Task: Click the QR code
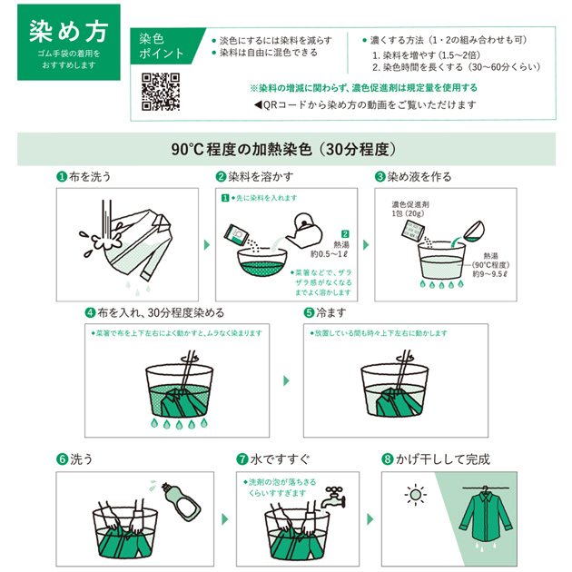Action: coord(161,92)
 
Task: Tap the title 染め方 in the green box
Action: coord(69,32)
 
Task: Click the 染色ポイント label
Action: coord(161,46)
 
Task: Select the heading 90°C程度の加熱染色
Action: coord(242,149)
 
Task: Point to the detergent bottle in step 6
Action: coord(182,501)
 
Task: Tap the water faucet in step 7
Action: coord(334,497)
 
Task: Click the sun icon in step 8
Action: coord(416,495)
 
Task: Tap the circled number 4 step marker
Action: coord(90,313)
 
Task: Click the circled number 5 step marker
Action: coord(309,313)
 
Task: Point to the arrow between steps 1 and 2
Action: coord(207,245)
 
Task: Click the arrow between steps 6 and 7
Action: coord(225,519)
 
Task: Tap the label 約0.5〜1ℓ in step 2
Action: coord(329,254)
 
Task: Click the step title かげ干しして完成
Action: coord(442,459)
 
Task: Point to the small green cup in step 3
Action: coord(474,232)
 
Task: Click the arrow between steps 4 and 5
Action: coord(286,380)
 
